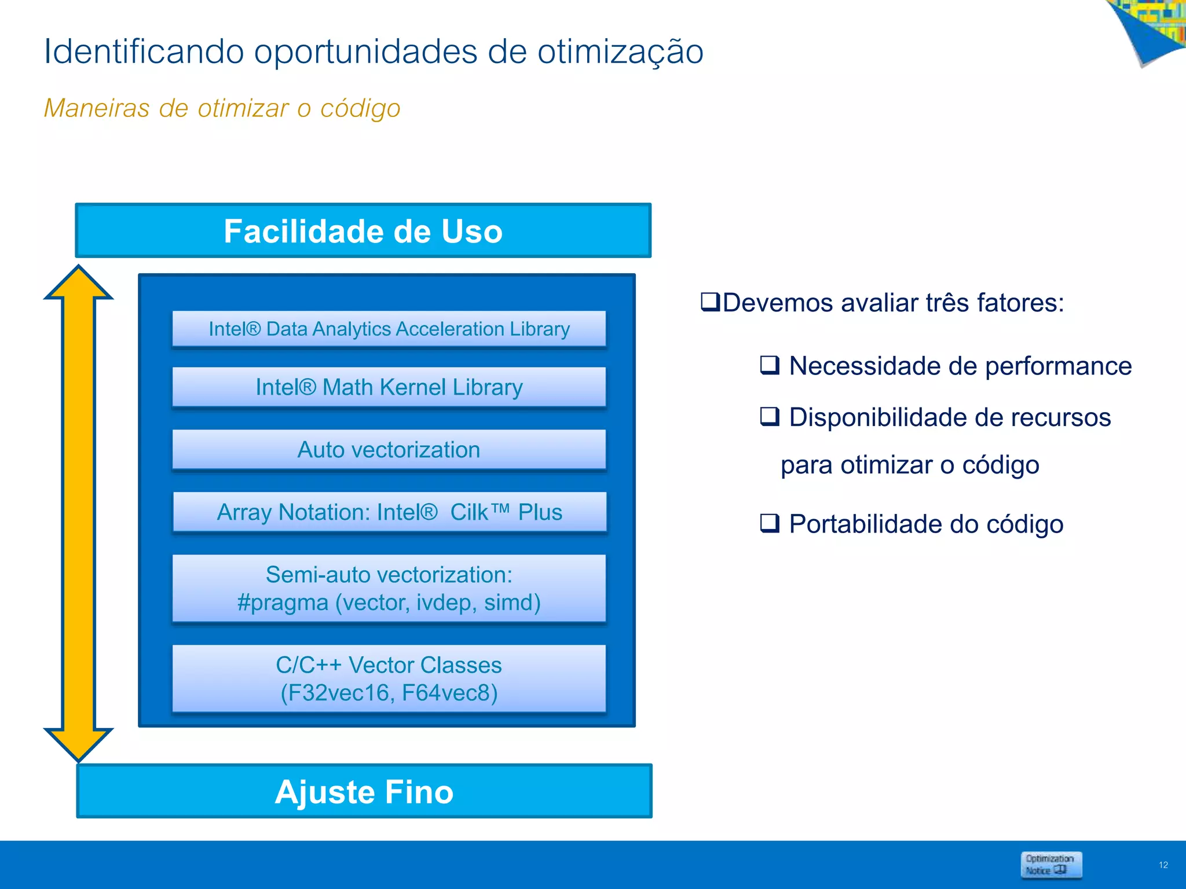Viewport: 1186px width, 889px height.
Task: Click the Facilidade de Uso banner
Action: tap(363, 231)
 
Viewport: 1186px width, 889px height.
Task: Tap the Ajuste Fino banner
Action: tap(364, 791)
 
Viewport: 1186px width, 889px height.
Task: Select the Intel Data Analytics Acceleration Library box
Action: tap(389, 329)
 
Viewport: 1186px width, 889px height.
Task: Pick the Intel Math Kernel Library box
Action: tap(389, 387)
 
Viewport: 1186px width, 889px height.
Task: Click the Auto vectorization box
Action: tap(389, 450)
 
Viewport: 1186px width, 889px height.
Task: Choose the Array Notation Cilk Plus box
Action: tap(389, 512)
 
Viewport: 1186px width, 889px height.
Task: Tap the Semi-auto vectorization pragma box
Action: tap(389, 588)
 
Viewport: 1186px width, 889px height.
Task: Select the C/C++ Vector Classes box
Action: tap(389, 678)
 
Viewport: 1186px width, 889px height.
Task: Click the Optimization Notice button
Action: tap(1050, 865)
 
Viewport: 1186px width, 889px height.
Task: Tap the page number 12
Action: tap(1163, 865)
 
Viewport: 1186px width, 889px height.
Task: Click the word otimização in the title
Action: tap(620, 52)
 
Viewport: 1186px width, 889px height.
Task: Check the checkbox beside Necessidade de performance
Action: tap(770, 365)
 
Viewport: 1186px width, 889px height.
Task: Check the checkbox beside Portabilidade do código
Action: tap(770, 523)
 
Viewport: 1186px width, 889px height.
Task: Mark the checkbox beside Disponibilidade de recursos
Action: tap(770, 416)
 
